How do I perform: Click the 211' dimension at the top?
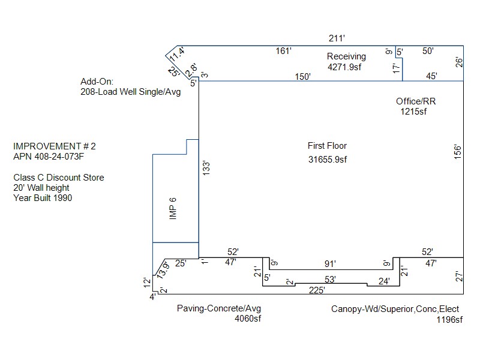pyautogui.click(x=337, y=38)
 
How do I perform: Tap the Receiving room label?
pyautogui.click(x=346, y=56)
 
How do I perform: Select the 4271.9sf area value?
pyautogui.click(x=346, y=67)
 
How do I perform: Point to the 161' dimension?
pyautogui.click(x=283, y=51)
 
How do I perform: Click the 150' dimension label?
pyautogui.click(x=302, y=76)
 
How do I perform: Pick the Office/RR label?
pyautogui.click(x=416, y=101)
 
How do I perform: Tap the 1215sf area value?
pyautogui.click(x=413, y=112)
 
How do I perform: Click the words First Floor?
pyautogui.click(x=327, y=146)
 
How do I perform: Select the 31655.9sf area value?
pyautogui.click(x=327, y=159)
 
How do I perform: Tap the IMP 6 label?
pyautogui.click(x=172, y=209)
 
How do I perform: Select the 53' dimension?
pyautogui.click(x=330, y=279)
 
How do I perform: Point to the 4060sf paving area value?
pyautogui.click(x=248, y=319)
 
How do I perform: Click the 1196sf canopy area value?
pyautogui.click(x=449, y=320)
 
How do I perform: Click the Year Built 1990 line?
pyautogui.click(x=43, y=198)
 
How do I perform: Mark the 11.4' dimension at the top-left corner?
pyautogui.click(x=176, y=54)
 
